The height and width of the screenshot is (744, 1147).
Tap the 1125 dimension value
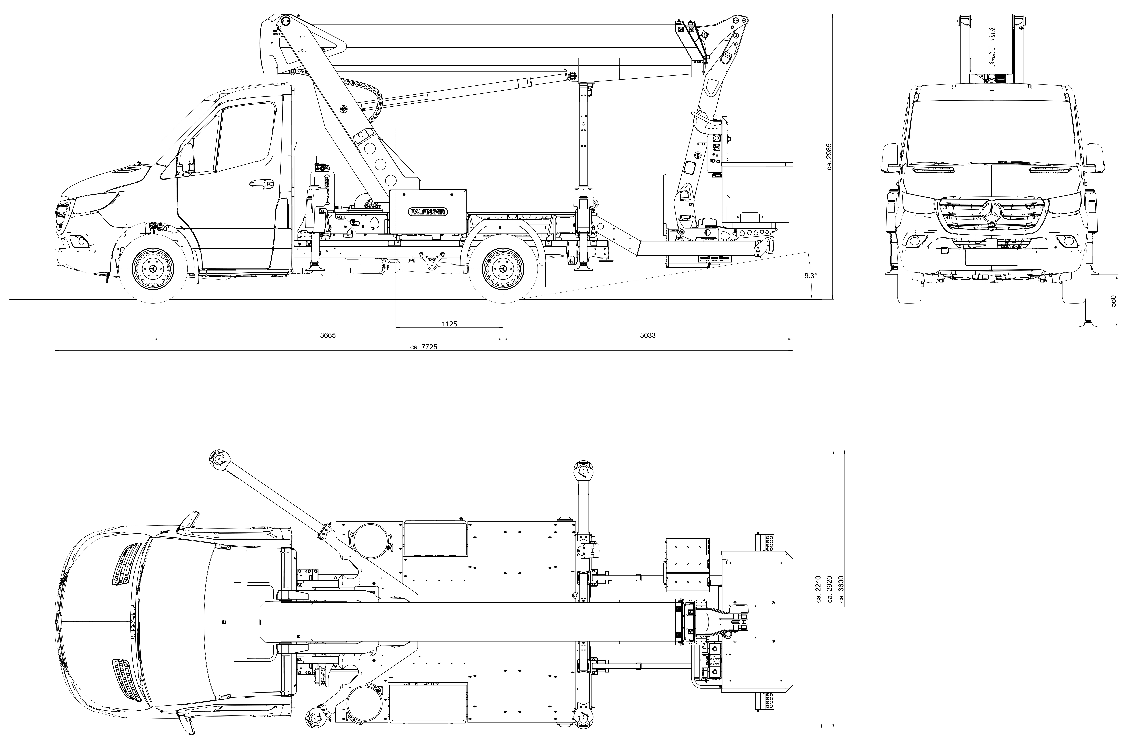tap(449, 324)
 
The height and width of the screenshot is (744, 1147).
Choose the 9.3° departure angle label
tap(811, 276)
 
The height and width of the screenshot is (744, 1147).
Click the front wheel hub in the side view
tap(153, 269)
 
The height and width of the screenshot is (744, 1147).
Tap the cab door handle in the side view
tap(260, 183)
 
